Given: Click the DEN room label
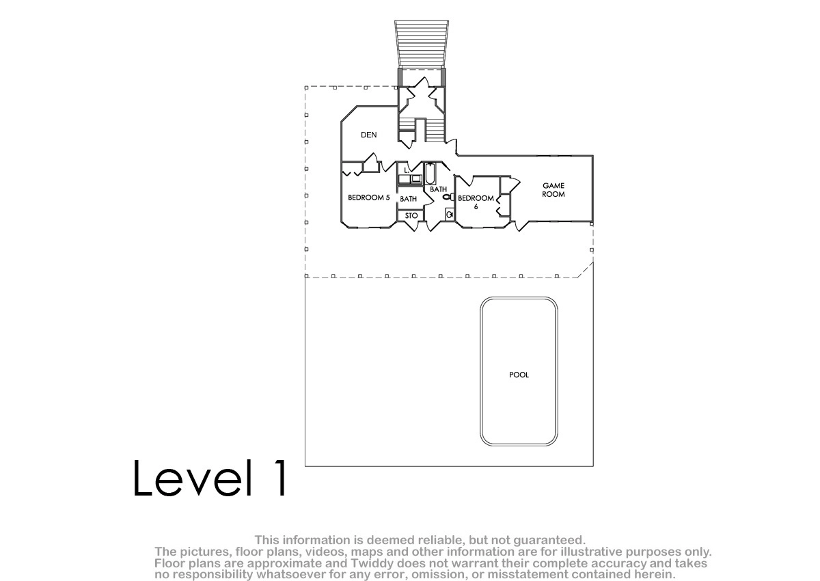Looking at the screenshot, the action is click(368, 135).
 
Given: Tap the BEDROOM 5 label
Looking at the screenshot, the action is click(368, 198).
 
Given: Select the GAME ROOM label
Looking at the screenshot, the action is click(553, 190).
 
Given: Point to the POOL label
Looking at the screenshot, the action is click(519, 375).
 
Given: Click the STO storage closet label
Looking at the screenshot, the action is click(411, 215).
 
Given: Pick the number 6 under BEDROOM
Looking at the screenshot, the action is click(476, 207).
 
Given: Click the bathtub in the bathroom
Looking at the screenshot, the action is click(430, 174).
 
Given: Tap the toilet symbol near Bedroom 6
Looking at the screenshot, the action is click(448, 197).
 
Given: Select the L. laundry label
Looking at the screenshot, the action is click(407, 170).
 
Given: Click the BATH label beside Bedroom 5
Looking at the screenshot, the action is click(408, 199).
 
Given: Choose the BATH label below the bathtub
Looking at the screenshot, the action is click(438, 189).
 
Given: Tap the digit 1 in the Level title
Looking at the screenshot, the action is click(281, 478).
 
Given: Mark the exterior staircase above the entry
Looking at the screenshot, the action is click(422, 44).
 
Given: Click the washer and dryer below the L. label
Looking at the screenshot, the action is click(410, 179).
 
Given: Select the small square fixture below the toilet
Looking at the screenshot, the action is click(450, 214).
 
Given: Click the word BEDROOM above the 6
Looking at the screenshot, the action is click(476, 198).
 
